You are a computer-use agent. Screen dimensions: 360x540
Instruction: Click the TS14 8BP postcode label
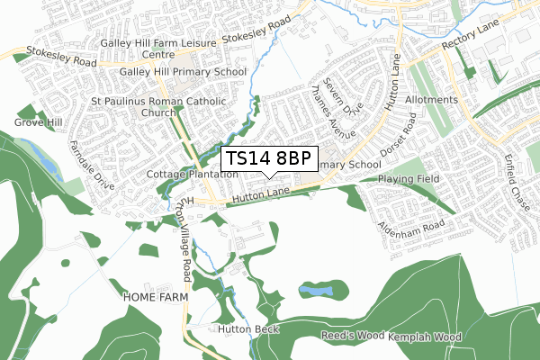pyautogui.click(x=268, y=158)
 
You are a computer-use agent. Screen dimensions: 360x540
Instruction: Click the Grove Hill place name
pyautogui.click(x=37, y=121)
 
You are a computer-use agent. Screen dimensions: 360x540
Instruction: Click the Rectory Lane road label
pyautogui.click(x=469, y=40)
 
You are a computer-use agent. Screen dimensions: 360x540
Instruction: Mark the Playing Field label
pyautogui.click(x=409, y=179)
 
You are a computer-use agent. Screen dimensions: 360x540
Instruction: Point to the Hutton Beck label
pyautogui.click(x=248, y=329)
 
